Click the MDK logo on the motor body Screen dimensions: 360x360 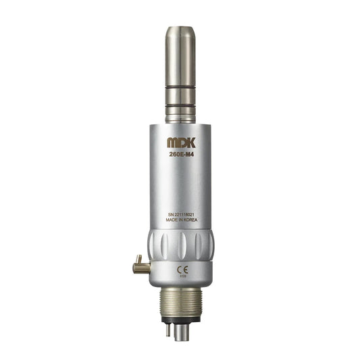click(181, 143)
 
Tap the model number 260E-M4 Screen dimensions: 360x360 click(181, 154)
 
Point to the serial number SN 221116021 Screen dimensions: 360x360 click(181, 214)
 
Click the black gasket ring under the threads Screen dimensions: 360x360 click(180, 314)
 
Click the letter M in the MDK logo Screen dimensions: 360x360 click(172, 143)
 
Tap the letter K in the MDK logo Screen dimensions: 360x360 click(190, 143)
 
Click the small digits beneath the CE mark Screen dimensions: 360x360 click(182, 276)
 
